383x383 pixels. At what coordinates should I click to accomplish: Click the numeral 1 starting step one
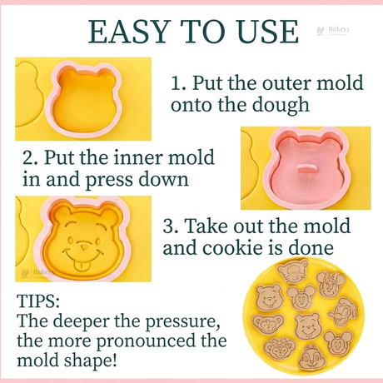click(x=177, y=84)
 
